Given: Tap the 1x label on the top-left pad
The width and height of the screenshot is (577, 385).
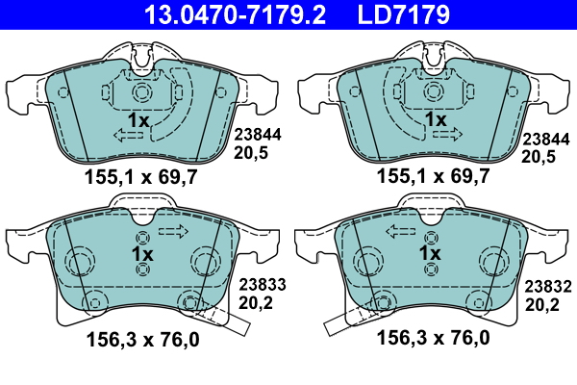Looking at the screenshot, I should tap(138, 120).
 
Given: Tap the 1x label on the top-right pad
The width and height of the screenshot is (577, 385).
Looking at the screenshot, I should tap(436, 120).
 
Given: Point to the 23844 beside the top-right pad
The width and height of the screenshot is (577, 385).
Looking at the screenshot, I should tap(544, 137).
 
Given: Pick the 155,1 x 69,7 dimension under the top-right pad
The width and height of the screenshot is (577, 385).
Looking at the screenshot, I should tap(433, 176).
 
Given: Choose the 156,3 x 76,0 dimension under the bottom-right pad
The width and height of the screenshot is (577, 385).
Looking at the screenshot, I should tap(433, 338).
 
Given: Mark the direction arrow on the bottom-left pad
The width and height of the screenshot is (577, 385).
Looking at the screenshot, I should tap(173, 231).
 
